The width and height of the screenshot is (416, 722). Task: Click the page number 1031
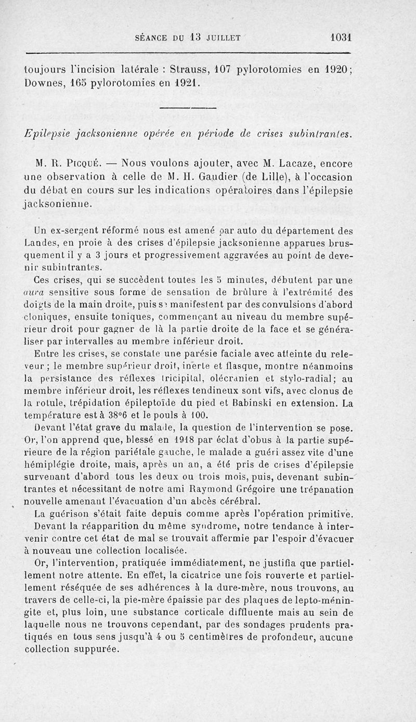(341, 37)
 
